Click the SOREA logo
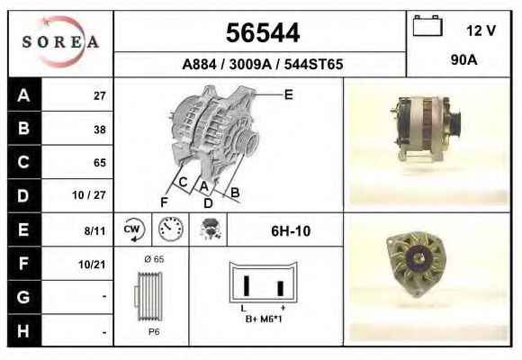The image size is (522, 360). tap(60, 41)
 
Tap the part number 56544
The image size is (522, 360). tap(263, 33)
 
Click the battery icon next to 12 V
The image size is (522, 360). tap(427, 25)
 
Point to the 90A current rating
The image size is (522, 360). tap(464, 60)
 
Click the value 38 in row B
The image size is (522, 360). tap(100, 130)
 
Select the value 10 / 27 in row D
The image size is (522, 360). tap(89, 195)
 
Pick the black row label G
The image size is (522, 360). tap(23, 297)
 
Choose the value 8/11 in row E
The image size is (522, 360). tap(94, 230)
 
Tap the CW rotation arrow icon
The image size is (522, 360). tap(134, 229)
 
